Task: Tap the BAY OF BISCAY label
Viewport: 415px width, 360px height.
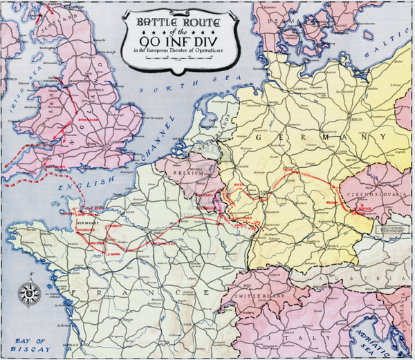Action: (x=31, y=345)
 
